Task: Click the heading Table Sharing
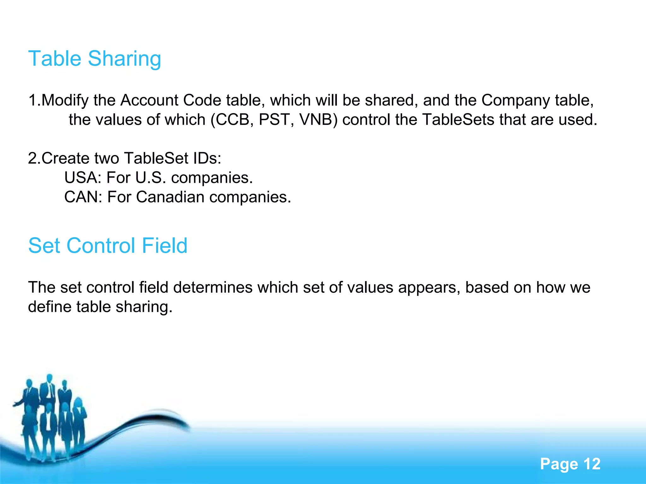point(95,59)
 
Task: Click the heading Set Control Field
point(108,245)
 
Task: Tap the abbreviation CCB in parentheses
point(232,120)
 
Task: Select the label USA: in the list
point(83,178)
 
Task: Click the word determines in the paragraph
point(213,287)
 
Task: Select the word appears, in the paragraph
point(429,287)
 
